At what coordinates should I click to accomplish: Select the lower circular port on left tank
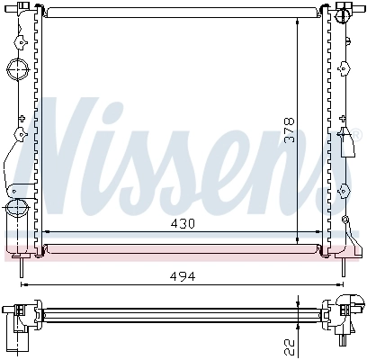coord(15,209)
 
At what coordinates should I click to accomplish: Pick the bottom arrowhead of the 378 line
coord(298,240)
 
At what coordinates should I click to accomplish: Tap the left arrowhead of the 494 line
coord(23,284)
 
